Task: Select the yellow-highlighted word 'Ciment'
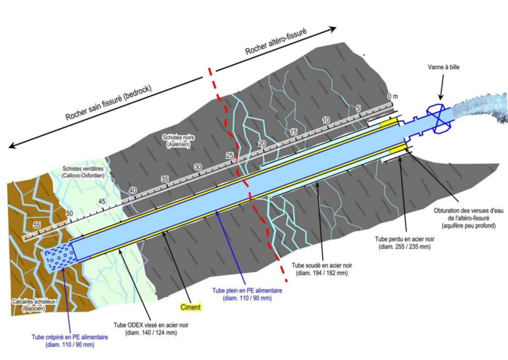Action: [x=191, y=307]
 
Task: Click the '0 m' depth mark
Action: [x=392, y=96]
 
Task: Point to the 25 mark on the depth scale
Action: [x=230, y=155]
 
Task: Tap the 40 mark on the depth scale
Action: [x=133, y=190]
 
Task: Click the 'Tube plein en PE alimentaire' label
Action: [x=247, y=294]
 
